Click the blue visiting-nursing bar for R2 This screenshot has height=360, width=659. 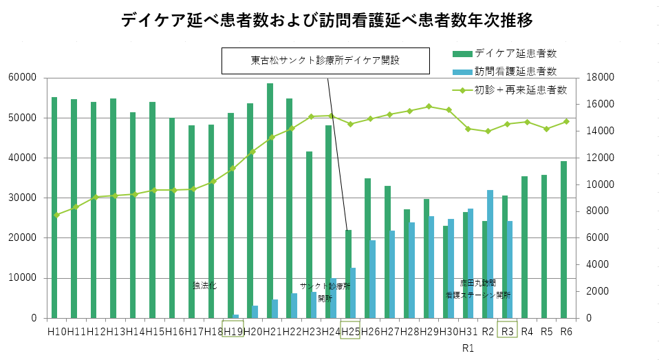pyautogui.click(x=490, y=254)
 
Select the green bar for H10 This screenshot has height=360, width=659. pyautogui.click(x=54, y=207)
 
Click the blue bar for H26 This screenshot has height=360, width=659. pyautogui.click(x=373, y=279)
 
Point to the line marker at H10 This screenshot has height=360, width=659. pyautogui.click(x=57, y=215)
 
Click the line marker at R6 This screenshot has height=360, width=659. pyautogui.click(x=566, y=121)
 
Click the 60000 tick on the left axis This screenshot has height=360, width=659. pyautogui.click(x=23, y=78)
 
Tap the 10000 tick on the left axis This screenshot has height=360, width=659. pyautogui.click(x=23, y=279)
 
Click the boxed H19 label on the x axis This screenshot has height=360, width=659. pyautogui.click(x=233, y=331)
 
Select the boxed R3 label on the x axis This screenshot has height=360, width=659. pyautogui.click(x=507, y=331)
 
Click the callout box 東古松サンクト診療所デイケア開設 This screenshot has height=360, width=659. pyautogui.click(x=325, y=61)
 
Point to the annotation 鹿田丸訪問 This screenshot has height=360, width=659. pyautogui.click(x=477, y=283)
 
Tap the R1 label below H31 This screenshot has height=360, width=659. pyautogui.click(x=468, y=348)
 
